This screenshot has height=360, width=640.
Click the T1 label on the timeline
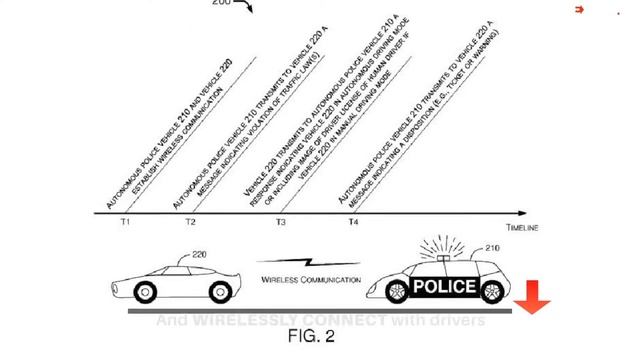[x=124, y=222]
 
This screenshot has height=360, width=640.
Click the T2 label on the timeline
[x=190, y=222]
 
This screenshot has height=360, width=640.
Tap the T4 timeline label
[x=354, y=222]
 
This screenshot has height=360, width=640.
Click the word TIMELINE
[x=520, y=228]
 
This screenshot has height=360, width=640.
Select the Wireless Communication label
[x=309, y=280]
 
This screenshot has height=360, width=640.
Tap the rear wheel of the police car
[x=491, y=293]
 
